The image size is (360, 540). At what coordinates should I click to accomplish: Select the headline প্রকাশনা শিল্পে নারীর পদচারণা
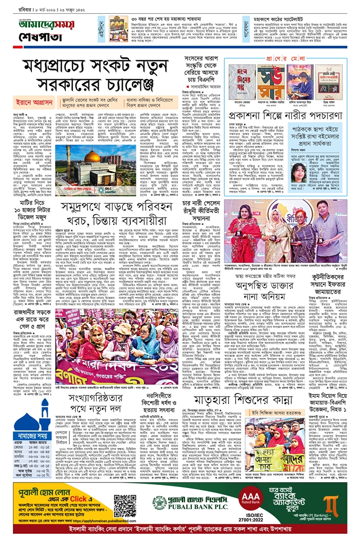(286, 117)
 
